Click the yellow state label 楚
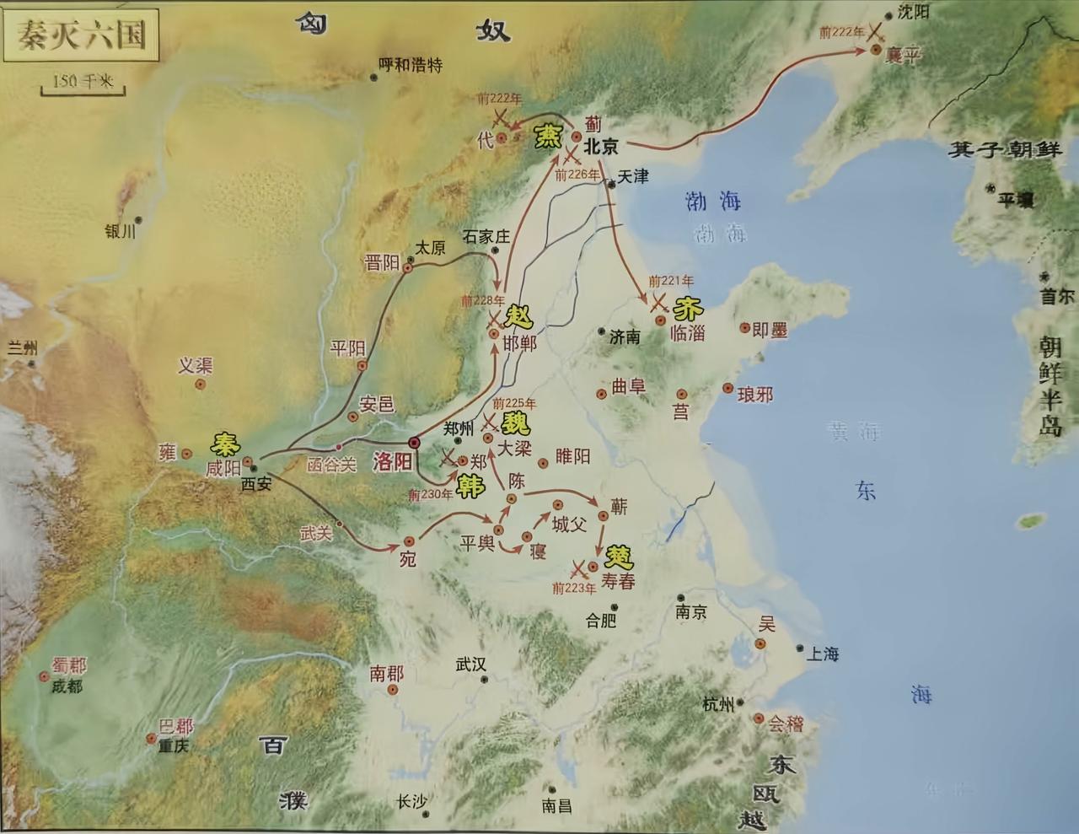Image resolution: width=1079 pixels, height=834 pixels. click(620, 556)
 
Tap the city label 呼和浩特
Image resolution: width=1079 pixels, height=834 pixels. click(411, 65)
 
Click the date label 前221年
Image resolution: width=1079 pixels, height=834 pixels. click(671, 281)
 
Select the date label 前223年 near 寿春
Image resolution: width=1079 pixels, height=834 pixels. click(574, 588)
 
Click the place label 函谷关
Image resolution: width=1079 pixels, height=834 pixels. click(331, 465)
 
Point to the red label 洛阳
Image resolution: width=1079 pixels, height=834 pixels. click(393, 461)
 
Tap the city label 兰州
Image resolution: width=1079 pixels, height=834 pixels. click(24, 347)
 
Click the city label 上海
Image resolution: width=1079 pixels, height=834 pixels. click(822, 654)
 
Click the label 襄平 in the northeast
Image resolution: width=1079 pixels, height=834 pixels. click(904, 56)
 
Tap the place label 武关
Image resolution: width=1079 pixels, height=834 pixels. click(316, 532)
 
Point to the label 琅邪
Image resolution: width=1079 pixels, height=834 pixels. click(754, 394)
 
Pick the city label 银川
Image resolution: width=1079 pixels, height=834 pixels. click(120, 231)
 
